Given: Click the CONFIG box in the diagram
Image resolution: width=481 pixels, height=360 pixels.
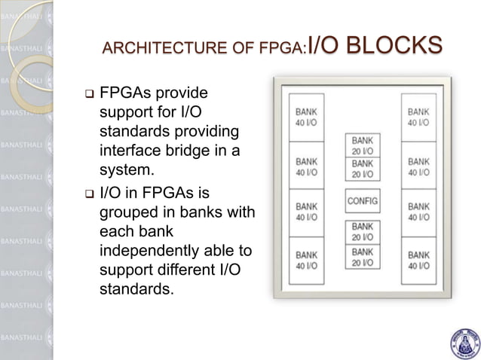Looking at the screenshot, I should click(x=363, y=201).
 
